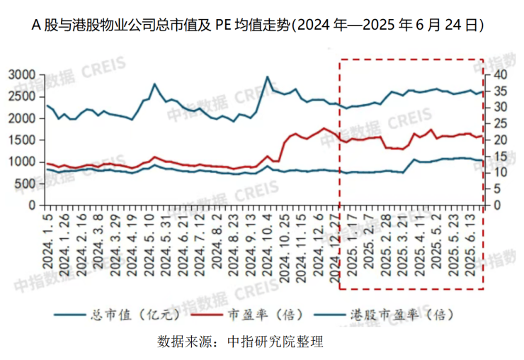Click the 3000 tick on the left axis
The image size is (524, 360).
point(21,74)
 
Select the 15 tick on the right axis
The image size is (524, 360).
point(499,156)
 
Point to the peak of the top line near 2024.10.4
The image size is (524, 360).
point(268,77)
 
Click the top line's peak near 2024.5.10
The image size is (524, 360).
point(154,84)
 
